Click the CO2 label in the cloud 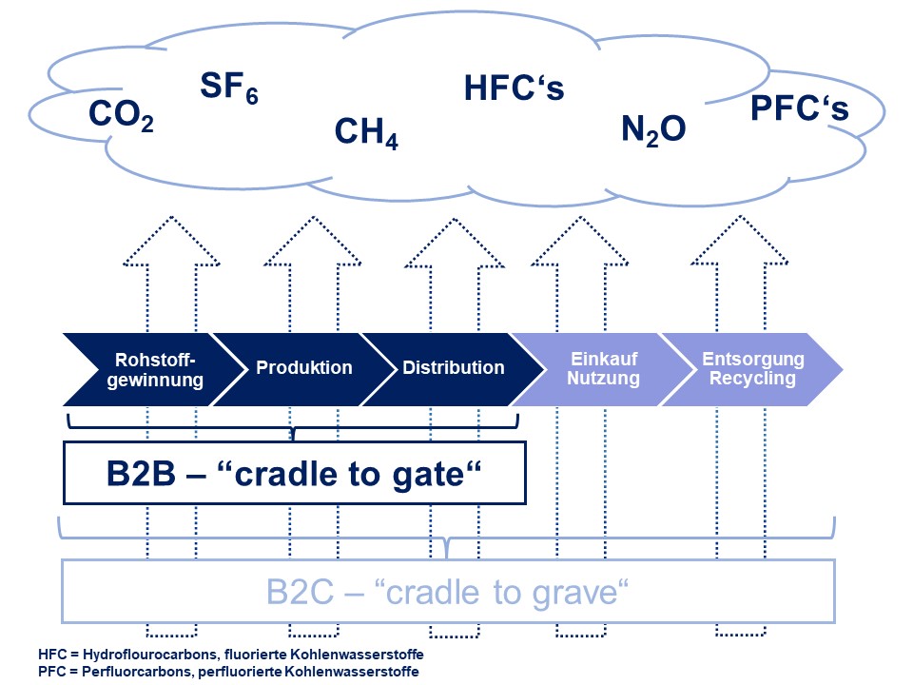pos(121,116)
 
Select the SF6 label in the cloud pos(229,88)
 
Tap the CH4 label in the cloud pos(366,133)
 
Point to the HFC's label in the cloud pos(514,88)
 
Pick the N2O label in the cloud pos(653,129)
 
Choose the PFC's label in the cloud pos(799,109)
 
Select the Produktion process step pos(303,368)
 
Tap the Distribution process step pos(453,368)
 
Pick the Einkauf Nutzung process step pos(605,369)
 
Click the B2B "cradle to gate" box pos(294,472)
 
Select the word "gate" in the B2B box pos(428,473)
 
